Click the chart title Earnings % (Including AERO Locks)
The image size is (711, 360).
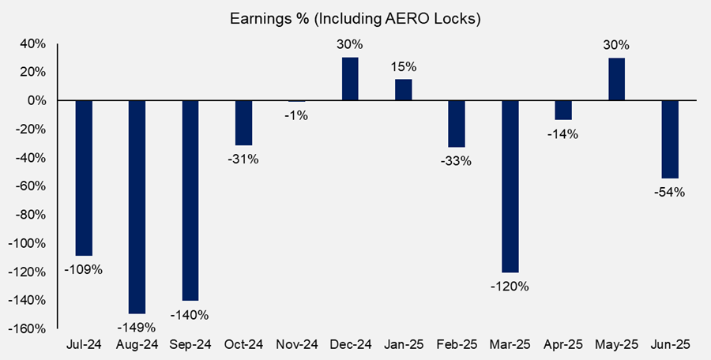355,17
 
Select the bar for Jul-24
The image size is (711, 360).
83,178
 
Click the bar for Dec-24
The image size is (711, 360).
350,79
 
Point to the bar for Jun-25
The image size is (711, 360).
670,140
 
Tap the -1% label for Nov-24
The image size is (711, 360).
296,115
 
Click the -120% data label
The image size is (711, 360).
510,285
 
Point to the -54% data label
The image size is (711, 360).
670,191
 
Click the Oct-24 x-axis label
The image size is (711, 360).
243,345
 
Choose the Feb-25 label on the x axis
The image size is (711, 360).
457,345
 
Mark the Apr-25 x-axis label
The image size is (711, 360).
563,345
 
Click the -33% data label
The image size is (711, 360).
457,161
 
